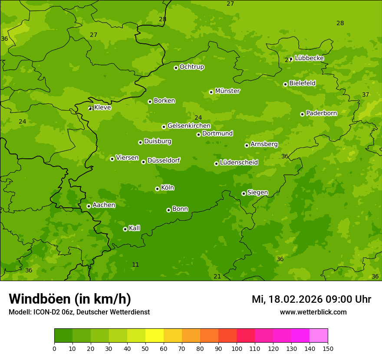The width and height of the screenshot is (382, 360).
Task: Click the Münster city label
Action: point(227,91)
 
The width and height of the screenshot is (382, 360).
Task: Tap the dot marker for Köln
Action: point(157,189)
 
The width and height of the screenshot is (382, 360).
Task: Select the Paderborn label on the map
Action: point(321,113)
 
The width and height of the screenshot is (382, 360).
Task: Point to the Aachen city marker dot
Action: point(89,206)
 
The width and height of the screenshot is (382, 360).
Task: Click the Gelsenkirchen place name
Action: point(189,126)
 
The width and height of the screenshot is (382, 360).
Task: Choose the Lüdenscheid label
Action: point(239,163)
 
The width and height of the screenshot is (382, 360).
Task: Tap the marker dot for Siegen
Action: point(244,193)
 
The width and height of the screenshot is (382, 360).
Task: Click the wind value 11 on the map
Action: point(135,265)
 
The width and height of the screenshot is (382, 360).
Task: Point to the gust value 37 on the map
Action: point(366,95)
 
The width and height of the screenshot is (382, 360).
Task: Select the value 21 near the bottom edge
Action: point(217,276)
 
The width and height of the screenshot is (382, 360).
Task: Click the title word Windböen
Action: point(39,299)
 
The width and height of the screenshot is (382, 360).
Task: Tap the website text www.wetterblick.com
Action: point(313,312)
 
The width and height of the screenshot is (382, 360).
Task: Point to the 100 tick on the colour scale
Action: point(237,348)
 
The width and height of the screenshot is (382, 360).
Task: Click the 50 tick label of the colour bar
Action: point(145,348)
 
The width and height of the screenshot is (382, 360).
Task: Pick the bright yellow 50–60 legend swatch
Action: point(155,336)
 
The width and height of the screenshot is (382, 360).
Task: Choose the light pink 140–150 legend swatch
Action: point(319,336)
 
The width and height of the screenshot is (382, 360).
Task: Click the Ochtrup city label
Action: point(191,67)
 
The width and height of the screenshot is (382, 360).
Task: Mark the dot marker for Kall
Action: point(125,229)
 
